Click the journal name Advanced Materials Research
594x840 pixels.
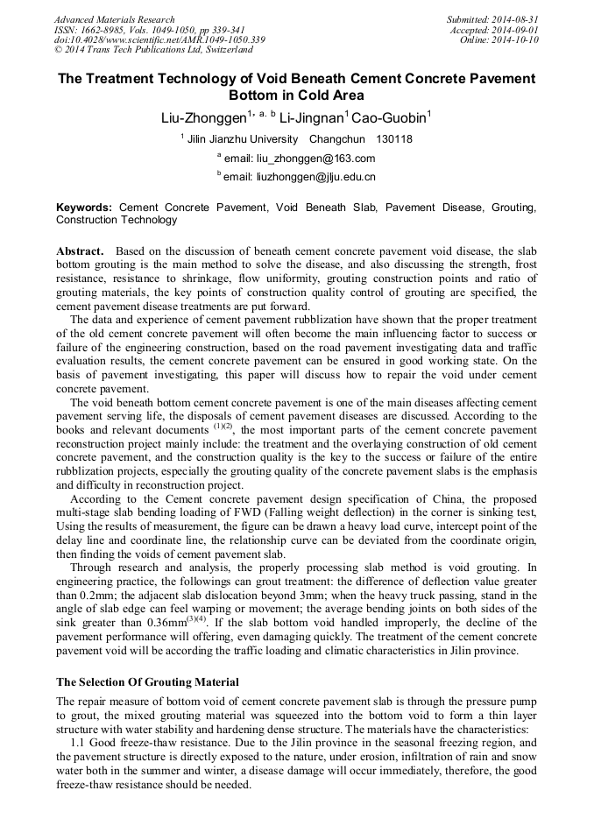pyautogui.click(x=114, y=19)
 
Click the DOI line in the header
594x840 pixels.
pyautogui.click(x=159, y=40)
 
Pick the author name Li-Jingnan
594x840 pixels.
pyautogui.click(x=314, y=117)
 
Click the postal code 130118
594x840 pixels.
pyautogui.click(x=394, y=139)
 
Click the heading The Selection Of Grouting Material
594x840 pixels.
pyautogui.click(x=147, y=681)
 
